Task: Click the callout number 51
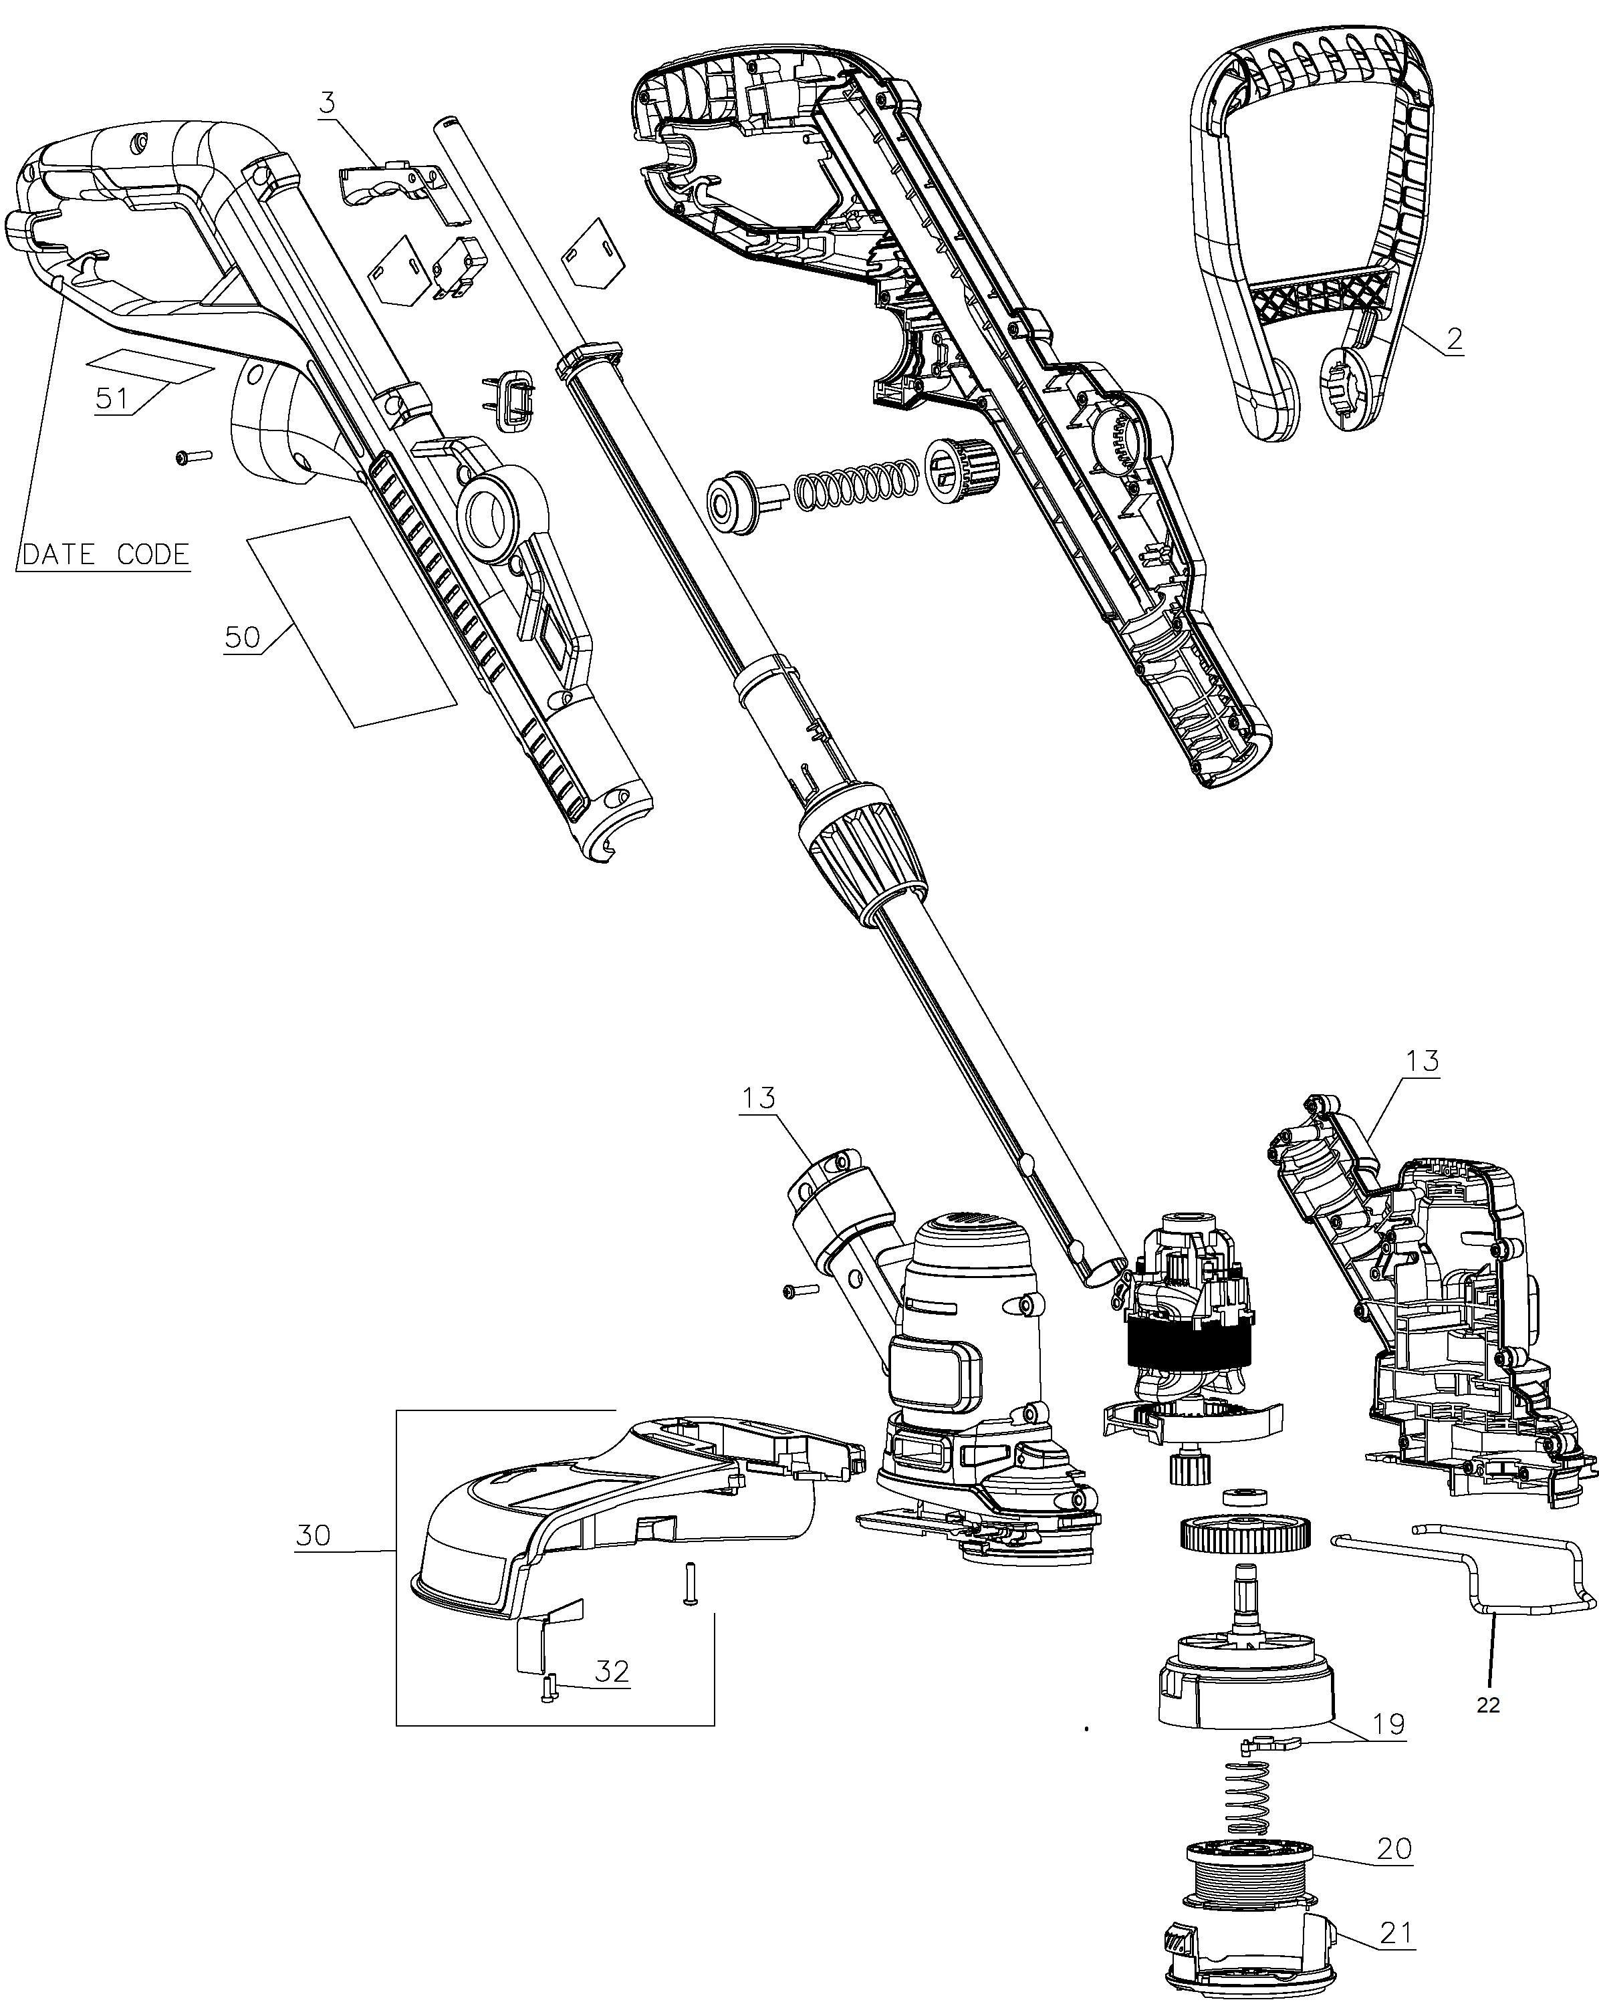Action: pos(112,398)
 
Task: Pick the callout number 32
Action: pos(612,1670)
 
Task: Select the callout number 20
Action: pos(1394,1848)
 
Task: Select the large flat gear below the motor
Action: pos(1246,1533)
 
